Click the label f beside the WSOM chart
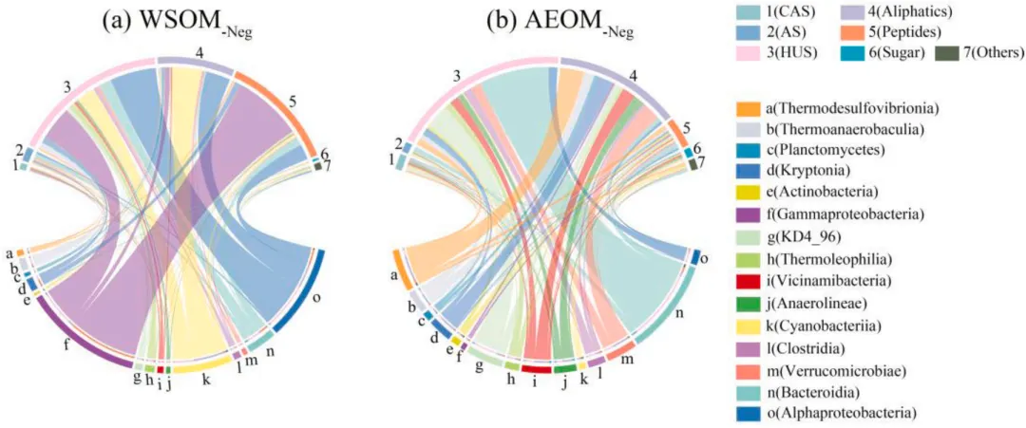click(66, 344)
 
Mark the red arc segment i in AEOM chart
click(537, 370)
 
